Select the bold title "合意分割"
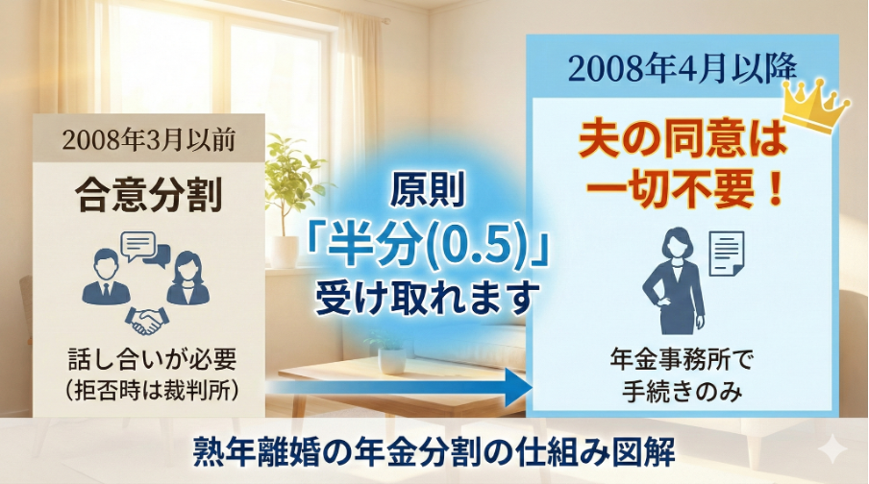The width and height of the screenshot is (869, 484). (148, 197)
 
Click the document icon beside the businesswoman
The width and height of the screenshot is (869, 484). (728, 252)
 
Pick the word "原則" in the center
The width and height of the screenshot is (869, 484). (426, 193)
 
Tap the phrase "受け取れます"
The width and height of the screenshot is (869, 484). (426, 299)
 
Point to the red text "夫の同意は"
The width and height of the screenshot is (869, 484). (683, 140)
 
